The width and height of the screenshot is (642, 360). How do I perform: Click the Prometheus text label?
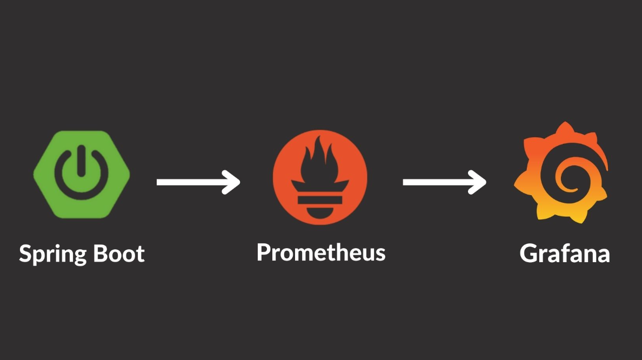click(321, 252)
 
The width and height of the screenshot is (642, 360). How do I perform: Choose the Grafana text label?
click(565, 254)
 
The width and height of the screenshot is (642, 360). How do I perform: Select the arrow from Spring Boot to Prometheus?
click(198, 182)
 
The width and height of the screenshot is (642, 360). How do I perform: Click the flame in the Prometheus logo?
click(320, 162)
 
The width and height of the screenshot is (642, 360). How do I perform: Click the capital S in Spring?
click(26, 254)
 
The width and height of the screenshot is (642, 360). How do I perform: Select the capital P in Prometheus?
click(263, 252)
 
